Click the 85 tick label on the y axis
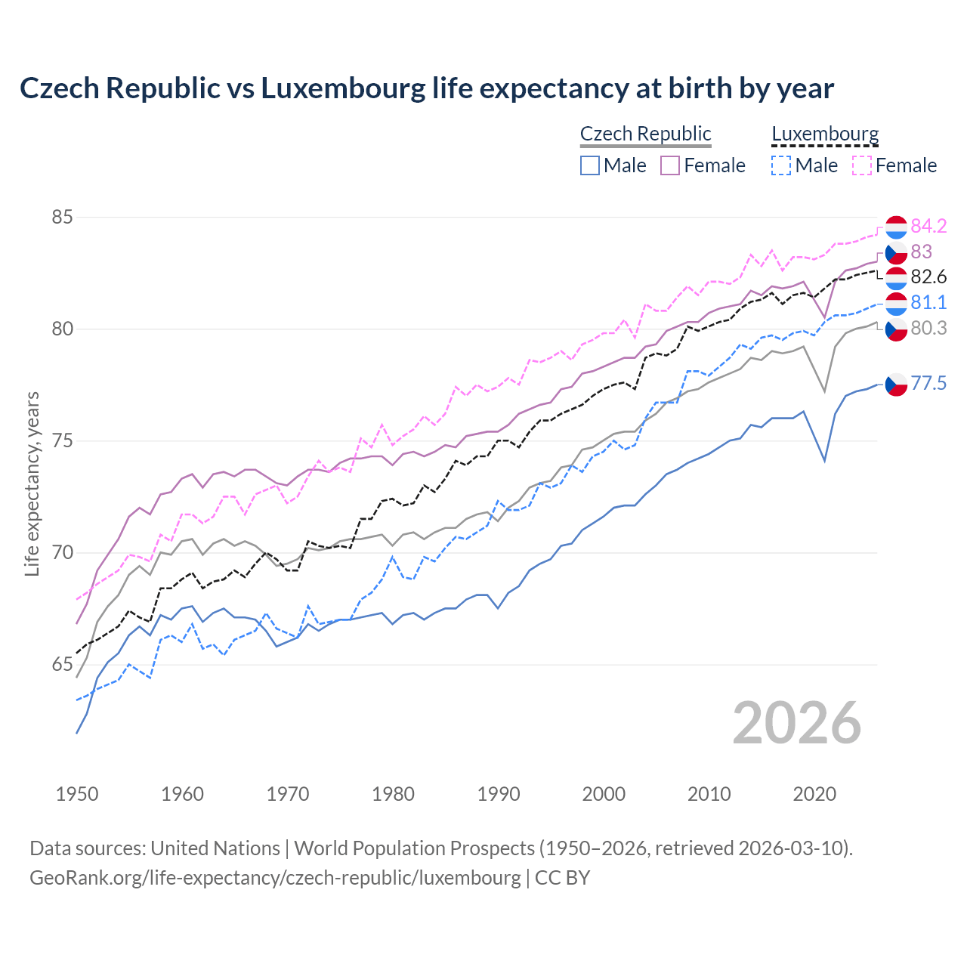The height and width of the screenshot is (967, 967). (62, 218)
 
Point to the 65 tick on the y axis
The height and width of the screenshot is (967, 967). (62, 665)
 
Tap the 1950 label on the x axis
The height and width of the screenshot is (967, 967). (77, 794)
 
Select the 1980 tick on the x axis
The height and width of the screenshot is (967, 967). (393, 794)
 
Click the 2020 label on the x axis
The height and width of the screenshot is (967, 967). (814, 794)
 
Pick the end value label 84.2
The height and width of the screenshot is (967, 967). (928, 226)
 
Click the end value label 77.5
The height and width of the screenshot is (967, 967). (928, 384)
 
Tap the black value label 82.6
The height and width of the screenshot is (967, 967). (928, 277)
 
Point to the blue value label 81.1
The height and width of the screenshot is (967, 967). (928, 303)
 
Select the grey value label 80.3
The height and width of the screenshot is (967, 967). (928, 328)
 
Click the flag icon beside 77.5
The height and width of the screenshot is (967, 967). (896, 385)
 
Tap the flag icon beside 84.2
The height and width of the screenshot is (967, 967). (896, 227)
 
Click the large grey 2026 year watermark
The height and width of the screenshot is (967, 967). (797, 723)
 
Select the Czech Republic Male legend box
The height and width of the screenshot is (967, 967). (590, 165)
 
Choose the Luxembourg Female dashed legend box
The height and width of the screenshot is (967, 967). (862, 165)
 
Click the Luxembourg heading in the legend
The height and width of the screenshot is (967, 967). (825, 134)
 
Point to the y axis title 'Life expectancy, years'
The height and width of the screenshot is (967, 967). (32, 483)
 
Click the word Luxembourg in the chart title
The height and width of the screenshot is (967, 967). (343, 88)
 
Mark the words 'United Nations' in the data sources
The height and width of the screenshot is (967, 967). (215, 848)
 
